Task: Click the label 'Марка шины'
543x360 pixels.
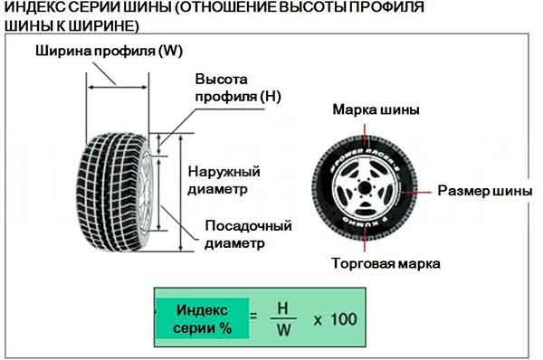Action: pos(376,111)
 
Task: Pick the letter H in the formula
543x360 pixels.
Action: pos(282,308)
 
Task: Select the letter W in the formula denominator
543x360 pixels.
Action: pos(282,330)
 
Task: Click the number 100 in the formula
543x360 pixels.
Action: pos(343,319)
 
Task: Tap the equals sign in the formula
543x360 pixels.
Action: pos(254,318)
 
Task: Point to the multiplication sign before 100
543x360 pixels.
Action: pos(318,319)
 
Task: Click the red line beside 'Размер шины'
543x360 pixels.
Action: pos(424,192)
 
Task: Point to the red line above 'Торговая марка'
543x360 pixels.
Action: pos(367,244)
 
